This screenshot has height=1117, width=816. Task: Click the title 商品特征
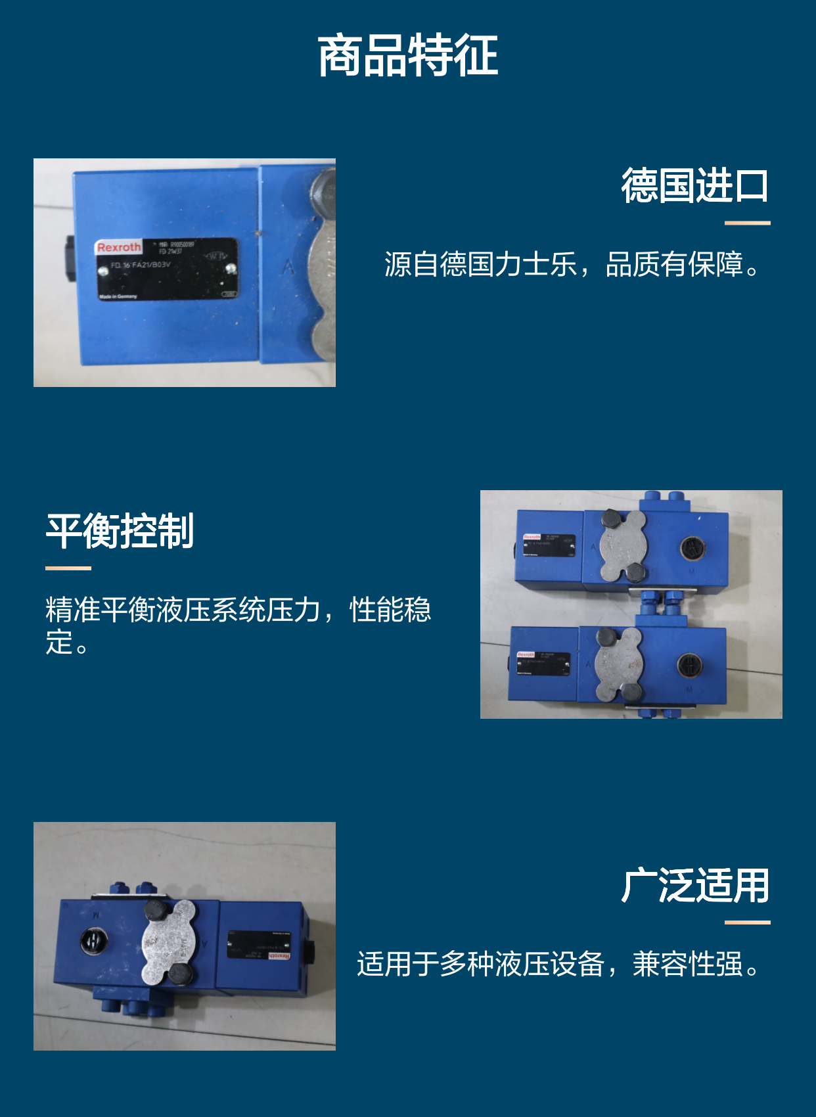click(x=407, y=57)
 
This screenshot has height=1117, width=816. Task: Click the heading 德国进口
click(x=694, y=185)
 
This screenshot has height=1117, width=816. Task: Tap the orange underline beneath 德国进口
click(x=747, y=223)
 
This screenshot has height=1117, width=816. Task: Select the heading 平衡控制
click(x=120, y=531)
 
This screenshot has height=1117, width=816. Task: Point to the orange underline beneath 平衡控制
click(x=68, y=568)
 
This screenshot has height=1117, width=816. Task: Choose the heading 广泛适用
click(x=694, y=886)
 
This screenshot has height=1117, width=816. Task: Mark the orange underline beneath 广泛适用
click(x=747, y=923)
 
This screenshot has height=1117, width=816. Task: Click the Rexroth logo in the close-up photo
click(x=119, y=248)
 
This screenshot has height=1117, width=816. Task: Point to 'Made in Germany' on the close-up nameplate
click(x=118, y=296)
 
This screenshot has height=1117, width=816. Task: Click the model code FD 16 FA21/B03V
click(x=141, y=265)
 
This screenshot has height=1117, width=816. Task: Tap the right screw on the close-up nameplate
click(x=231, y=268)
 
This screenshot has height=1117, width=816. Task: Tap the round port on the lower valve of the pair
click(x=689, y=666)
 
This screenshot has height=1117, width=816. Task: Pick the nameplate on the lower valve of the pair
click(x=543, y=664)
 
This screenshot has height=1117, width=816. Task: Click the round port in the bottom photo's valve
click(x=93, y=941)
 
